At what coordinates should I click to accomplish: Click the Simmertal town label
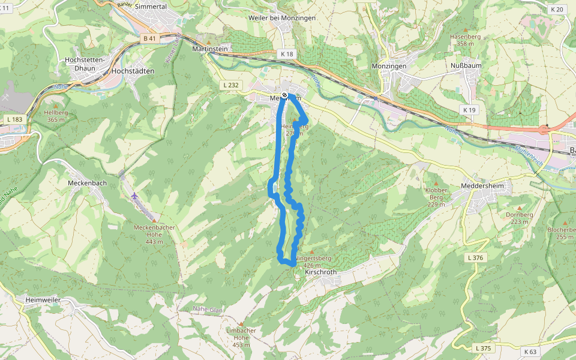pyautogui.click(x=151, y=5)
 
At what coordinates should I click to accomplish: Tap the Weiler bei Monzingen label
pyautogui.click(x=281, y=18)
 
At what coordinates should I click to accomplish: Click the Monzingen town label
pyautogui.click(x=389, y=66)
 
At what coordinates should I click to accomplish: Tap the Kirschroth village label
pyautogui.click(x=321, y=272)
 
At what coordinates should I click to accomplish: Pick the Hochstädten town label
pyautogui.click(x=133, y=71)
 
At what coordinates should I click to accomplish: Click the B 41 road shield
pyautogui.click(x=149, y=38)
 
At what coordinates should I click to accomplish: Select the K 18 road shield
pyautogui.click(x=287, y=54)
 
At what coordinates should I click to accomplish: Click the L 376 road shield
pyautogui.click(x=475, y=257)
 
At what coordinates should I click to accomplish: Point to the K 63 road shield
pyautogui.click(x=530, y=352)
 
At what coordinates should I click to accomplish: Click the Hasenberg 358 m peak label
pyautogui.click(x=466, y=40)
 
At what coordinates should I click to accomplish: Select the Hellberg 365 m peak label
pyautogui.click(x=55, y=116)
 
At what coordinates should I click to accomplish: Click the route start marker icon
pyautogui.click(x=284, y=95)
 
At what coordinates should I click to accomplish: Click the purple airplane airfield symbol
pyautogui.click(x=134, y=196)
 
